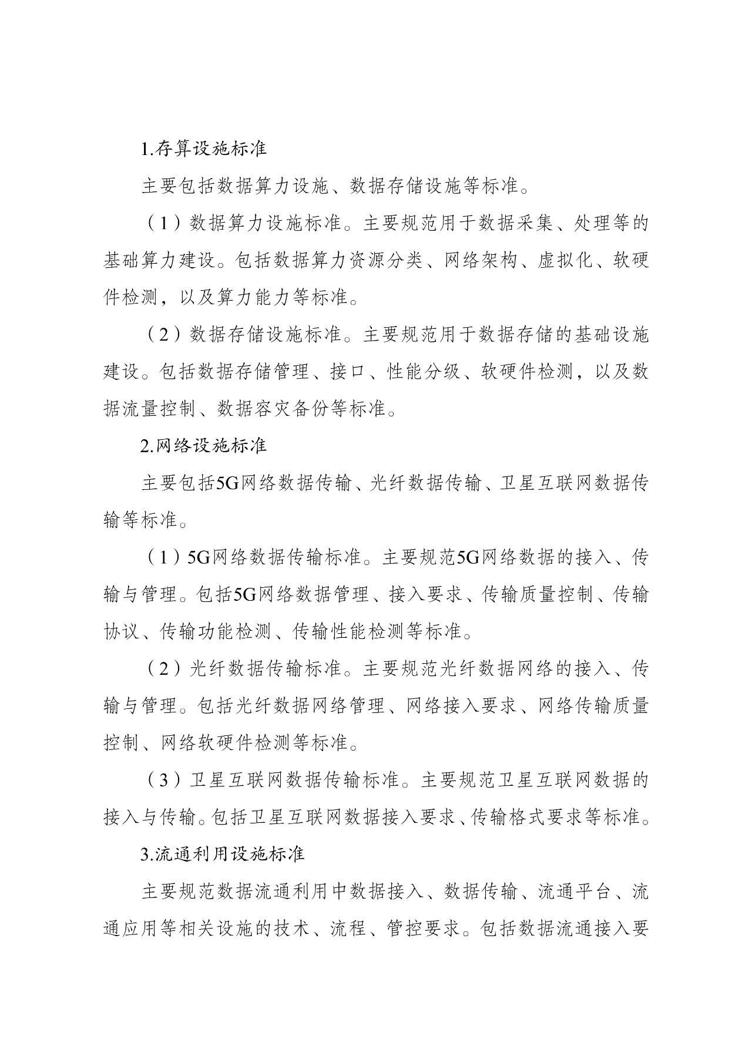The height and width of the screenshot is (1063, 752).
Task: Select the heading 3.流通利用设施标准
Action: click(223, 854)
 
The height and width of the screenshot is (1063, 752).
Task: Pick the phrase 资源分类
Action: click(386, 260)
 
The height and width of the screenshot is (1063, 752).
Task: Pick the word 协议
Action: click(122, 631)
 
